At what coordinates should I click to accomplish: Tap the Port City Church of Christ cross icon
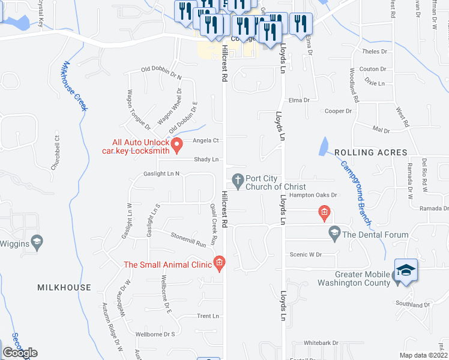click(238, 179)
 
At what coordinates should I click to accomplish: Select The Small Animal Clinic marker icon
click(219, 263)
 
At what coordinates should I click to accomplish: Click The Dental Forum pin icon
click(334, 231)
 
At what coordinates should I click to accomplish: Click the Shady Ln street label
click(205, 160)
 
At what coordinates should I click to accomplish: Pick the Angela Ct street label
click(205, 141)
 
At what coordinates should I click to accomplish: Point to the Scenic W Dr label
click(306, 254)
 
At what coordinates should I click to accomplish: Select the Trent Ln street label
click(208, 316)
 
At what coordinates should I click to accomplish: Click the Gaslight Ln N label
click(161, 173)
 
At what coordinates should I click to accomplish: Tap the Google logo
click(20, 353)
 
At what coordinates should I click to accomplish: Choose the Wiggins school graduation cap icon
click(37, 242)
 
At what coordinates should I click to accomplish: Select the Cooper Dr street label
click(337, 112)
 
